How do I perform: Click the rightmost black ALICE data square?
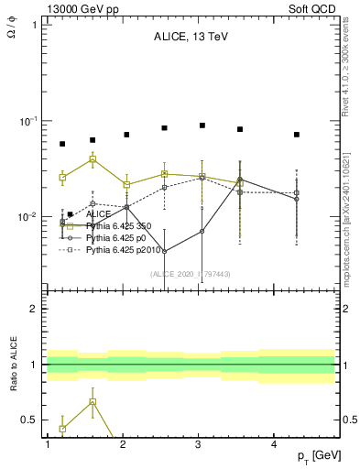tap(297, 135)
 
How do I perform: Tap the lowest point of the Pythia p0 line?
tap(164, 251)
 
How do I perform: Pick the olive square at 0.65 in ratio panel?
tap(93, 402)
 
